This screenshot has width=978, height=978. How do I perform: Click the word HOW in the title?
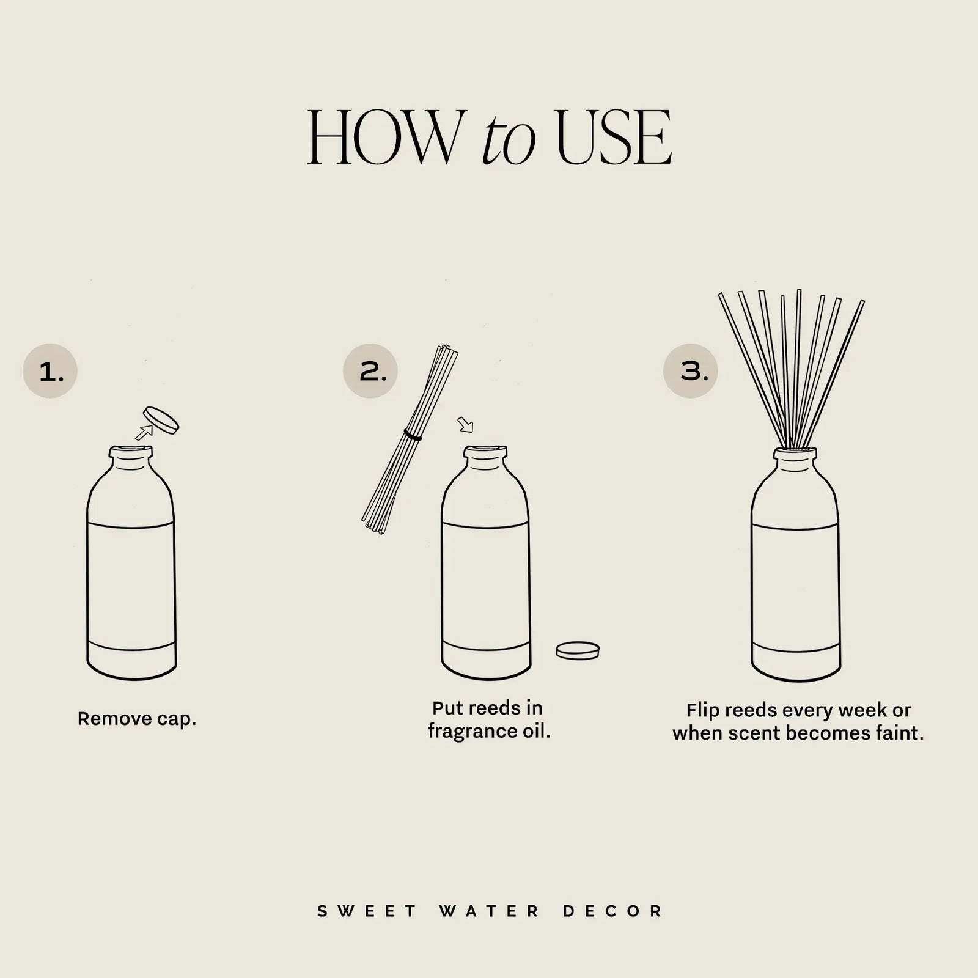point(382,138)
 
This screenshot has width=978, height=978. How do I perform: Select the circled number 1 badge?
point(50,371)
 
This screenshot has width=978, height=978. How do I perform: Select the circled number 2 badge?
point(370,371)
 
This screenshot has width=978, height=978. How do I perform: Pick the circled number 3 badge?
point(691,371)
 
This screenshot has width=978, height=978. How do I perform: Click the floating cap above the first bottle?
point(161,421)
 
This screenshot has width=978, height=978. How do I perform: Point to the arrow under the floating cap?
point(144,433)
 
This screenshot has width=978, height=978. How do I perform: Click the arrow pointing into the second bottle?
point(465,424)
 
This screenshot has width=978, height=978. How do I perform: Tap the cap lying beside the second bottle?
point(578,650)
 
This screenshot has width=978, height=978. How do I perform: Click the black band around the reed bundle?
point(413,435)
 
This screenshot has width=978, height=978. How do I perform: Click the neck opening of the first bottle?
point(131,452)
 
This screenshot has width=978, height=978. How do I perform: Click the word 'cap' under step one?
point(176,719)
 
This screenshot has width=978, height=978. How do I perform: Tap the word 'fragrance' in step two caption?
point(467,731)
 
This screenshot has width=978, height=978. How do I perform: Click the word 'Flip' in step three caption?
point(701,711)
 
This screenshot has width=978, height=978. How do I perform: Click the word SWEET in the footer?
point(367,911)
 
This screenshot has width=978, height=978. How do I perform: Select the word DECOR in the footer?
point(612,911)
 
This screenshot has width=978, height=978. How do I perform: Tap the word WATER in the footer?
point(489,911)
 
